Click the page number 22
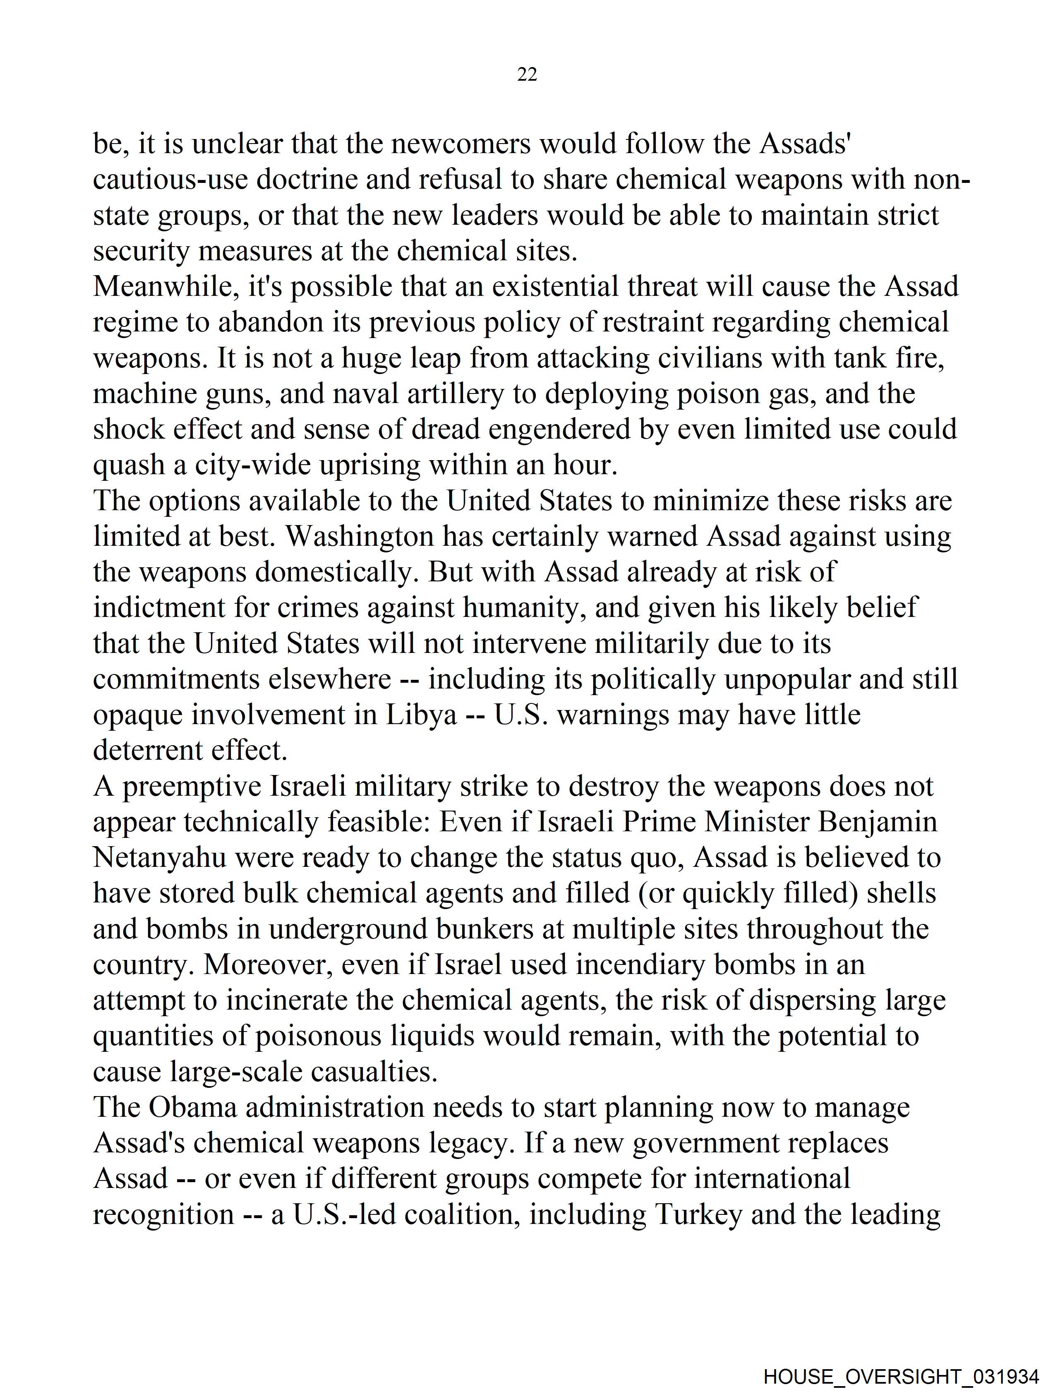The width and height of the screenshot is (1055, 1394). point(527,75)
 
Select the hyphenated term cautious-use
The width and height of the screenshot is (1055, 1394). point(170,180)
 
